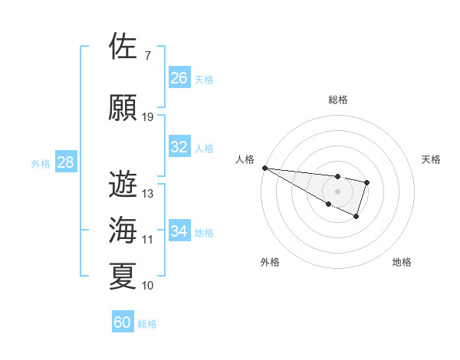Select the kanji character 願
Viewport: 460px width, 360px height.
click(123, 107)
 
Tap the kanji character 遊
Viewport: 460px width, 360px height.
click(123, 185)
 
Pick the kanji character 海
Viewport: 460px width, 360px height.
click(123, 230)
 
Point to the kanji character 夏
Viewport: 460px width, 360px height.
click(123, 276)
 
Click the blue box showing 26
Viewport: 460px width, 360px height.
click(179, 78)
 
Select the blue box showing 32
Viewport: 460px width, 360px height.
click(179, 147)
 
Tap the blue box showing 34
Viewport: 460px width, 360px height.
click(179, 231)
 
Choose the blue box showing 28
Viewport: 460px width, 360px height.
click(65, 162)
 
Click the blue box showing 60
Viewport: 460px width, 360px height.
click(123, 322)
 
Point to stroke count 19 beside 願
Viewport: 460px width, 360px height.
click(148, 116)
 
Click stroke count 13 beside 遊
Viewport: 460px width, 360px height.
click(148, 194)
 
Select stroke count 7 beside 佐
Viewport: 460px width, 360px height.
click(147, 55)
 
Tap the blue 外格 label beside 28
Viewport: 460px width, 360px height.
click(41, 163)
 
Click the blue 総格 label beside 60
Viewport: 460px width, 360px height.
click(147, 324)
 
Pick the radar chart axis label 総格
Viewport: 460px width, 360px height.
click(337, 100)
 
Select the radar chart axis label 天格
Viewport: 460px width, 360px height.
click(432, 159)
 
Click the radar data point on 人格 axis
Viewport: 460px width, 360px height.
click(264, 168)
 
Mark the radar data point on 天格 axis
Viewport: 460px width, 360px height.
click(367, 182)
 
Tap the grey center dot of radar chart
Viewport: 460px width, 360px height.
click(337, 191)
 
